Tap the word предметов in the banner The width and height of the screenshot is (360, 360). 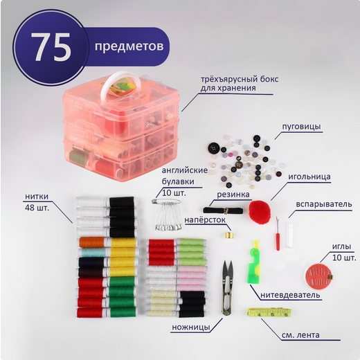129,46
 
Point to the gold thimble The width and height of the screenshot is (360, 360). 227,235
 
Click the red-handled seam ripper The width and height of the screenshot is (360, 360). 278,233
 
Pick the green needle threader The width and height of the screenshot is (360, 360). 254,262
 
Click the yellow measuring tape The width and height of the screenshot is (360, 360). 269,312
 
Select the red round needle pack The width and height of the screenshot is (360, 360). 318,275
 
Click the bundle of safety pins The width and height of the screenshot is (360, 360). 167,215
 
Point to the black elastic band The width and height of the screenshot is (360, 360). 223,210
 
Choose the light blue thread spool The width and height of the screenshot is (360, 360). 92,252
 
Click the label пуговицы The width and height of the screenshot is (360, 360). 301,127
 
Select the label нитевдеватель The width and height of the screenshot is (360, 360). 290,295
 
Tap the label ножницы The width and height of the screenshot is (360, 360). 191,327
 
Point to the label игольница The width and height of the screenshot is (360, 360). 309,177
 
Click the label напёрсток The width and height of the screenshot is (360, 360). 205,220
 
